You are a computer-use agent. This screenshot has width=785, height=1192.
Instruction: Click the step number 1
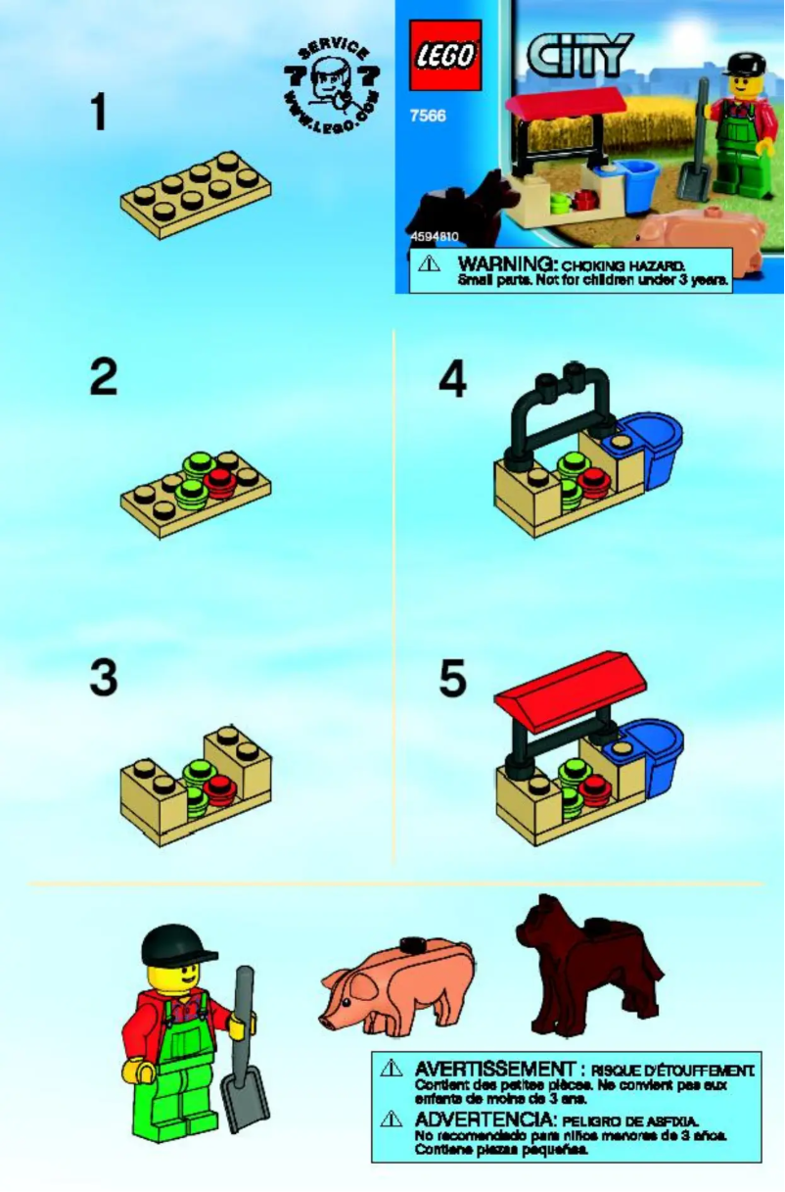[98, 113]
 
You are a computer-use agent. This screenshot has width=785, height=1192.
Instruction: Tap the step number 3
[103, 678]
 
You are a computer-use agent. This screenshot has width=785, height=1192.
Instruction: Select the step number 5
[452, 678]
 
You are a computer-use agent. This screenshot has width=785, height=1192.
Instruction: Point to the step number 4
[452, 380]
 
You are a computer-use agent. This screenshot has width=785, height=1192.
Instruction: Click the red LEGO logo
[445, 55]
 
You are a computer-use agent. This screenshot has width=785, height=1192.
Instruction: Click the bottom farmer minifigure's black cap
[175, 943]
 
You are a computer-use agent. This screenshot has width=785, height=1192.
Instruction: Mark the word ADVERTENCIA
[484, 1119]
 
